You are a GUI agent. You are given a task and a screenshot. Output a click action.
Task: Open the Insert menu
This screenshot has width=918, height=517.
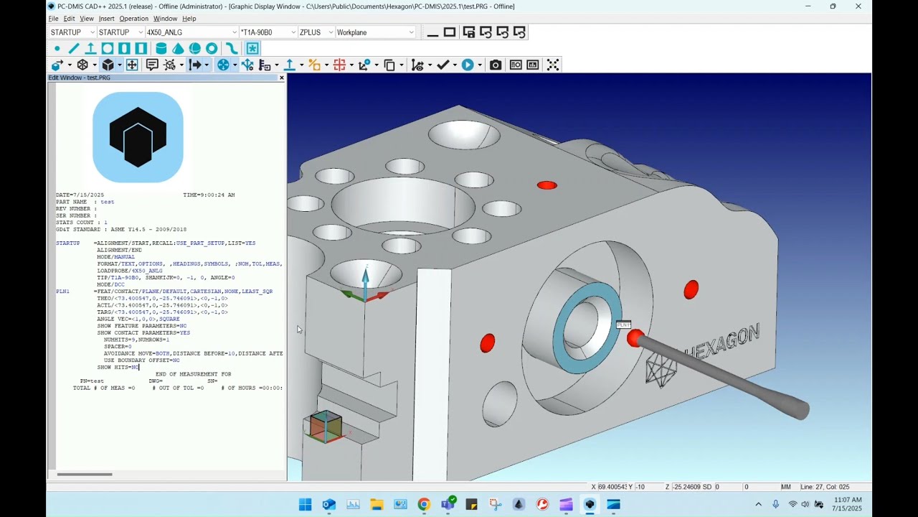[x=106, y=19]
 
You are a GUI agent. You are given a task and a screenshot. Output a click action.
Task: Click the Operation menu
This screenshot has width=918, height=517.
[x=133, y=19]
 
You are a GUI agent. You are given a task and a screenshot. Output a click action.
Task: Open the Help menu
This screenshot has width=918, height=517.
[x=189, y=19]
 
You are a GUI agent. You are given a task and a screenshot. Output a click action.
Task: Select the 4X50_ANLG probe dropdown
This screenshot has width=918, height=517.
[x=191, y=32]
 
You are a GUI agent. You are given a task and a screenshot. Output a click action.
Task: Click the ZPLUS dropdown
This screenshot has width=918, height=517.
[x=316, y=32]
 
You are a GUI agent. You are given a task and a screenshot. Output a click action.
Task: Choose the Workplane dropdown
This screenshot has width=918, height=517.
[x=375, y=32]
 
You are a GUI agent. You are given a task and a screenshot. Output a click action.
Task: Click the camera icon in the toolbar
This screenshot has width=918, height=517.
[x=496, y=65]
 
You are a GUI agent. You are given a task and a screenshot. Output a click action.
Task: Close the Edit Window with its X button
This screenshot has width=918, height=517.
[x=281, y=78]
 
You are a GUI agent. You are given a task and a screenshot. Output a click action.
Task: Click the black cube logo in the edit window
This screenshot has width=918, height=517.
[x=138, y=137]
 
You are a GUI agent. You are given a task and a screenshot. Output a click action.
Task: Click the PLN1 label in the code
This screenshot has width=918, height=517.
[x=63, y=292]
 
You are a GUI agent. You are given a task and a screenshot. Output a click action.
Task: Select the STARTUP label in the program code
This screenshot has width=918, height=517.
[x=68, y=243]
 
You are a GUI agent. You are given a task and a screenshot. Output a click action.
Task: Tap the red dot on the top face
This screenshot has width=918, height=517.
[x=546, y=185]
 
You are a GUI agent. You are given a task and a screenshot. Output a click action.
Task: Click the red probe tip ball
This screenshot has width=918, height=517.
[x=635, y=338]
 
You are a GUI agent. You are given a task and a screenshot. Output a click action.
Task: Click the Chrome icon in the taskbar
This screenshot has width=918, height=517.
[x=424, y=505]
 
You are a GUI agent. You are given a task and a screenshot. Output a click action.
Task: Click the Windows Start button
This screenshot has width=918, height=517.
[x=305, y=505]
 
